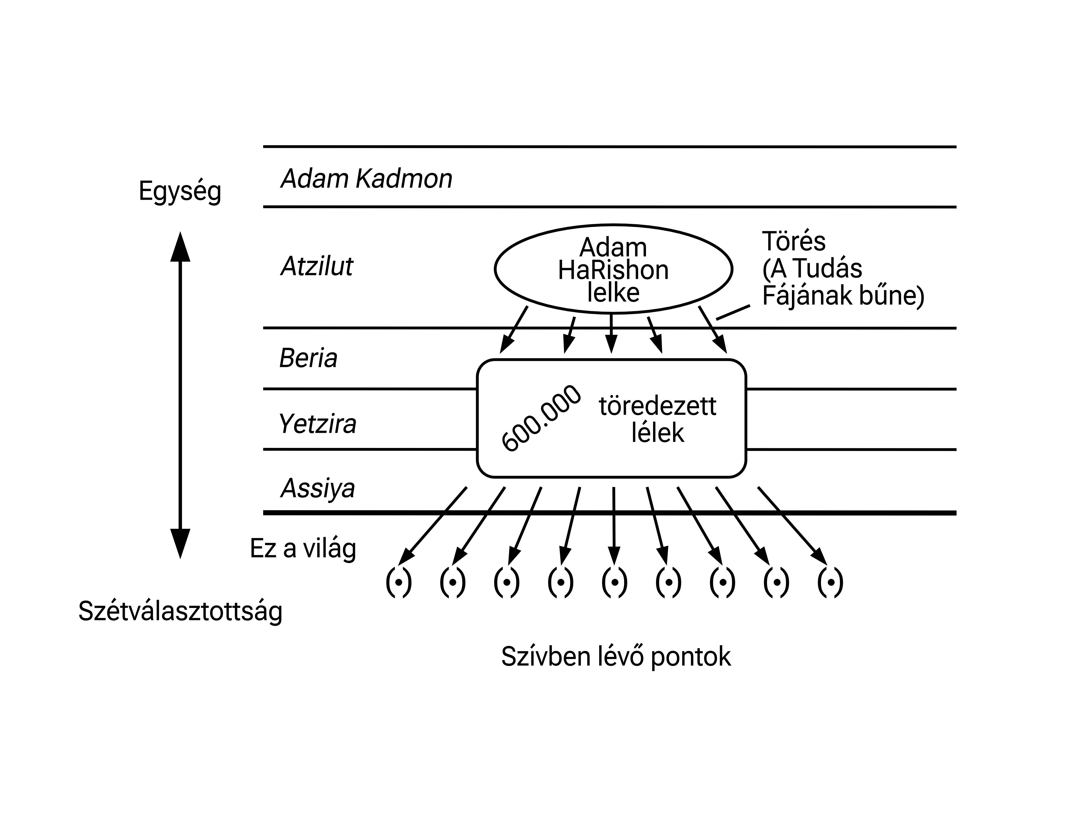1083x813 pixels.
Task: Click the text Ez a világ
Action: [x=303, y=549]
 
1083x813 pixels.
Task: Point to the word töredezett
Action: [x=658, y=406]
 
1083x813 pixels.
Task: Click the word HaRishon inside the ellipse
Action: [x=613, y=270]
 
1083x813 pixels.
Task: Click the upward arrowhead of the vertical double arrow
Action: [x=180, y=247]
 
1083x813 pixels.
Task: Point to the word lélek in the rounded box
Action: [x=658, y=433]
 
